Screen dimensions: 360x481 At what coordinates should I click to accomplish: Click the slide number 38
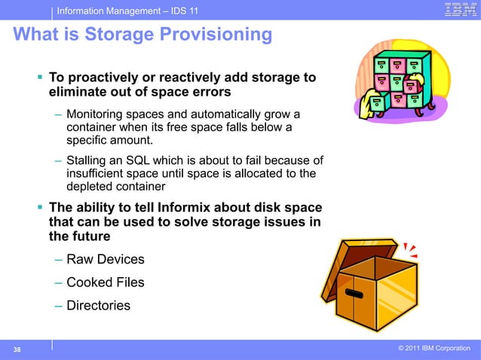(16, 349)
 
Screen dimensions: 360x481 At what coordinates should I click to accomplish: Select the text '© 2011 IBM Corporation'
(434, 348)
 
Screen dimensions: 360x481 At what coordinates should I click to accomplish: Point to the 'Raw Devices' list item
(105, 260)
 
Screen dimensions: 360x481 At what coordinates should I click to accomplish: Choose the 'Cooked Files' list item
(105, 282)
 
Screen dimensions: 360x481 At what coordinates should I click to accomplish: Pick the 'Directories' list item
(98, 305)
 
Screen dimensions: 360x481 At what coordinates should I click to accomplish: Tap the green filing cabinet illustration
(402, 79)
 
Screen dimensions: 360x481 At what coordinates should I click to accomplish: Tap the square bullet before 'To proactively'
(40, 78)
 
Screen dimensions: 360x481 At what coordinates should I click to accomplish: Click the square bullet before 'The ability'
(40, 208)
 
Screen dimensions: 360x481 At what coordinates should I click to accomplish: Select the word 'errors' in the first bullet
(210, 93)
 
